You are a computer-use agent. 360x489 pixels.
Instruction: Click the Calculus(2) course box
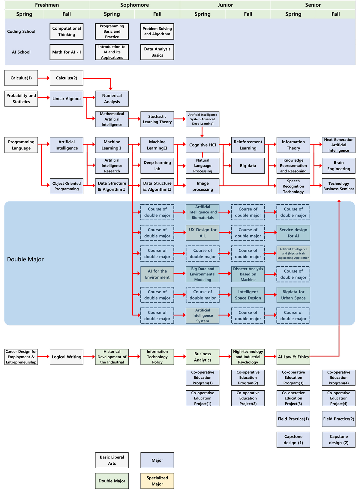click(66, 78)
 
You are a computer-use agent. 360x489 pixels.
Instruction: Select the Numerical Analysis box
click(112, 99)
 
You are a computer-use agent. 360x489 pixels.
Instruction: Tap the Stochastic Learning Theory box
click(157, 119)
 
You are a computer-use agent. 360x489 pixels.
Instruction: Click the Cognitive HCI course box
click(202, 145)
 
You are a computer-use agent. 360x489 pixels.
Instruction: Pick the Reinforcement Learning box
click(248, 145)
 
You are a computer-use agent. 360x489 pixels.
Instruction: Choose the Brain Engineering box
click(338, 165)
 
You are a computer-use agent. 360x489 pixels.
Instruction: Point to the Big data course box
click(248, 165)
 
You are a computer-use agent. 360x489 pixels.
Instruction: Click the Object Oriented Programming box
click(66, 186)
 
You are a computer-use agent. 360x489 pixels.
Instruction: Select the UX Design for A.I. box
click(202, 233)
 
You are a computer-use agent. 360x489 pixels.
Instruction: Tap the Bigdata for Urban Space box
click(293, 295)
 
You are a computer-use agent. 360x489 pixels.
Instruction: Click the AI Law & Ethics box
click(293, 357)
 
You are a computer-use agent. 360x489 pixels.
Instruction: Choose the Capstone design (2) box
click(338, 440)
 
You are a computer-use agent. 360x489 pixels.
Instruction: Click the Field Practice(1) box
click(293, 419)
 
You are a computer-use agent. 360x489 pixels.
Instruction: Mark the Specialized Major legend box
click(157, 481)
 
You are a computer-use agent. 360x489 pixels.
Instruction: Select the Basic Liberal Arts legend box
click(112, 460)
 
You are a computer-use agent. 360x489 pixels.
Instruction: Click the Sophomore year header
click(134, 5)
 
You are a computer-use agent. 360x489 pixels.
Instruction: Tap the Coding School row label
click(21, 31)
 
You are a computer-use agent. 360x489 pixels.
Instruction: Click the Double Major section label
click(25, 259)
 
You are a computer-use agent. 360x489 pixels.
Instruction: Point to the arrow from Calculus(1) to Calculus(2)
click(44, 78)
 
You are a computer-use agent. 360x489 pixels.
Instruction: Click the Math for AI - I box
click(66, 52)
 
